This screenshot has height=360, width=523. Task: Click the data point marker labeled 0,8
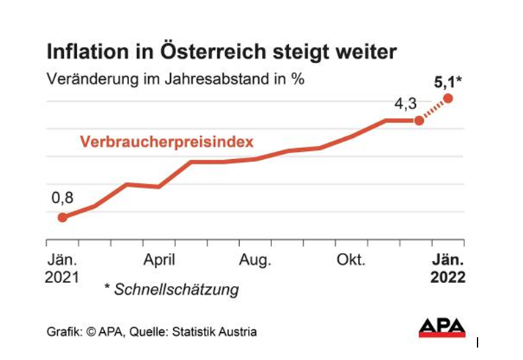[x=62, y=217]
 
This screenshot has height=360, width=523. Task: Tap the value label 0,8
[x=62, y=197]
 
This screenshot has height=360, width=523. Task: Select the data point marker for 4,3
[x=419, y=120]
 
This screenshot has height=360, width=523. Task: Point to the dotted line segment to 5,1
[x=434, y=109]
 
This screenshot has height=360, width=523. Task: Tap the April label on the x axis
[x=158, y=260]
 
